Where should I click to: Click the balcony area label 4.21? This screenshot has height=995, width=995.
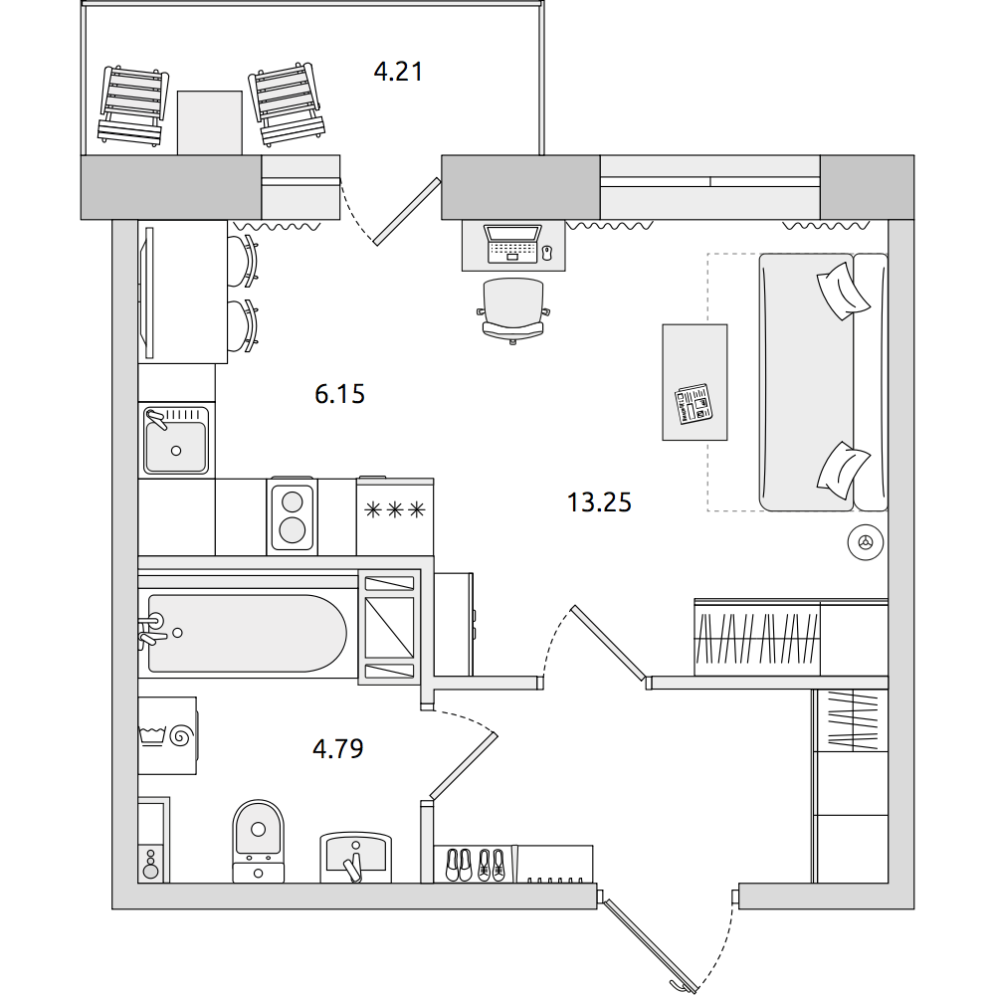(398, 72)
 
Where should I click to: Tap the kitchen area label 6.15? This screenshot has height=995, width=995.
(339, 394)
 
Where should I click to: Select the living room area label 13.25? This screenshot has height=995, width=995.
(599, 502)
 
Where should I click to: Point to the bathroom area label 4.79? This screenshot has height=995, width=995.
(337, 749)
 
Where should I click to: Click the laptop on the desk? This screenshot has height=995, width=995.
(512, 244)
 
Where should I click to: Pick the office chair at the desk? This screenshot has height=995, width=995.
(512, 310)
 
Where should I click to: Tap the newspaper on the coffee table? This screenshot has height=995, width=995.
(693, 404)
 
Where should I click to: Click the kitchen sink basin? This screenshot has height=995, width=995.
(176, 441)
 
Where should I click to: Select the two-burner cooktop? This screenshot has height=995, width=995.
(292, 514)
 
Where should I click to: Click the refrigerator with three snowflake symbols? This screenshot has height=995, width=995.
(395, 516)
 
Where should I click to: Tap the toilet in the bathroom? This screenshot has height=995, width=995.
(259, 841)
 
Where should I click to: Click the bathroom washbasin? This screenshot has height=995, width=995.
(355, 856)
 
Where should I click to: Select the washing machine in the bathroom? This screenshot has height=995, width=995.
(167, 735)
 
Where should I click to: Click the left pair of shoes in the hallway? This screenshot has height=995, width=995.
(458, 865)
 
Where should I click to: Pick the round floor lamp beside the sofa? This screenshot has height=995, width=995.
(866, 542)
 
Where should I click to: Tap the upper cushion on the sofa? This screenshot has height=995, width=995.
(842, 291)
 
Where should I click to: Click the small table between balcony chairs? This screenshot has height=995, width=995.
(209, 122)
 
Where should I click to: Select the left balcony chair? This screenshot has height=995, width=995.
(133, 106)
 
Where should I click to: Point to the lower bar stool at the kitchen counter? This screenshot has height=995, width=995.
(244, 325)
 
